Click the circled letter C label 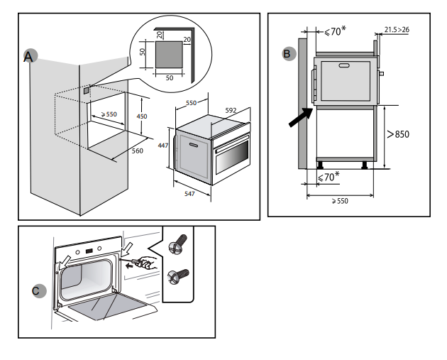38,290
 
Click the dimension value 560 138,150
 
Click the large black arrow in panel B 300,117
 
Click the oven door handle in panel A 191,142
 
